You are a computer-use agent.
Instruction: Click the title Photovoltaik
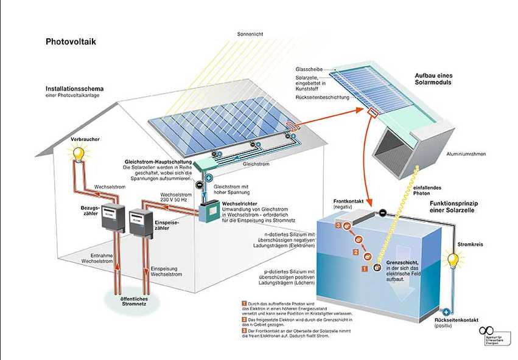(71, 42)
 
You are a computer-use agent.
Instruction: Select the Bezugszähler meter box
(112, 218)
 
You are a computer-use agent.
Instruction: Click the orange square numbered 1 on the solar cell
(365, 268)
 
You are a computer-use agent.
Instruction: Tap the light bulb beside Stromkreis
(453, 261)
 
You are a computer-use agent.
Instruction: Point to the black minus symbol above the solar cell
(382, 213)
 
